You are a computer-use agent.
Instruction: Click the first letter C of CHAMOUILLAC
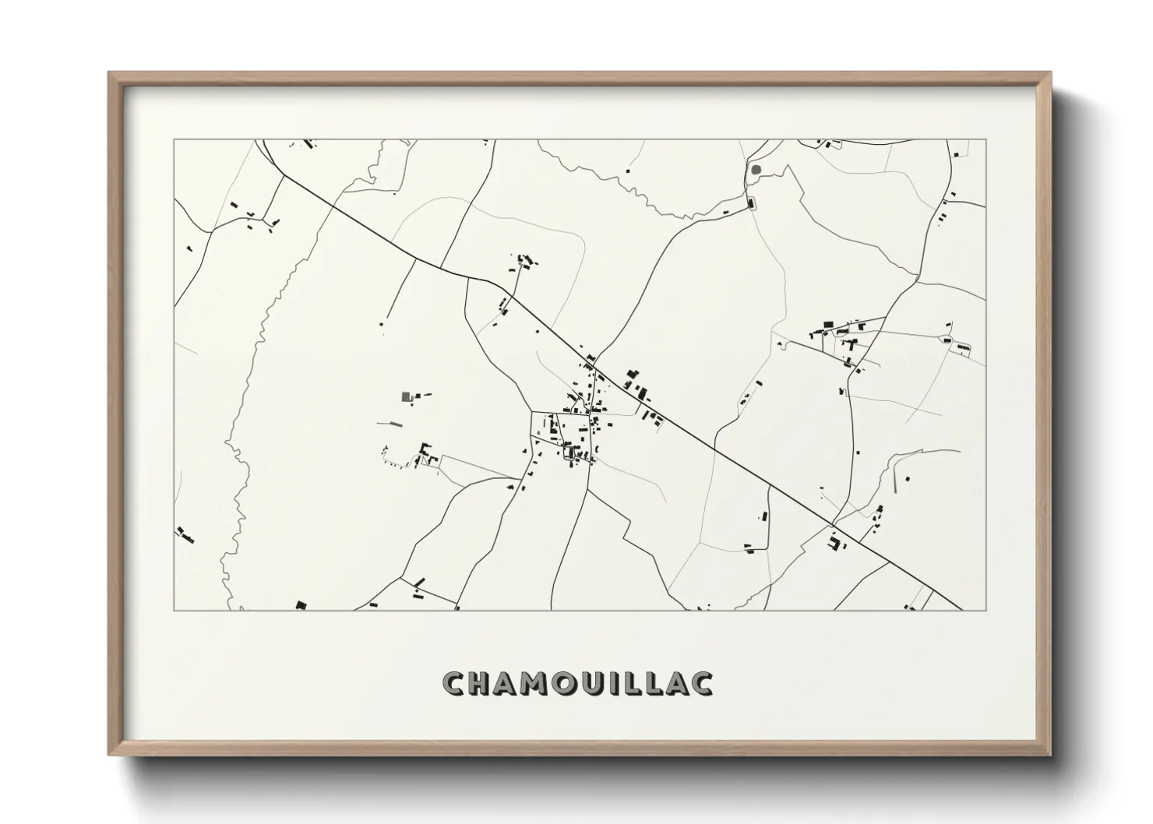(453, 684)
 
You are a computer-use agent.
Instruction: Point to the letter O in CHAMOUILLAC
(563, 684)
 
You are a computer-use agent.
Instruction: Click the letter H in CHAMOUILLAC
(479, 684)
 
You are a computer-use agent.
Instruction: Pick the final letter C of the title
(701, 684)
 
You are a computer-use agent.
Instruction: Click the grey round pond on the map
(754, 168)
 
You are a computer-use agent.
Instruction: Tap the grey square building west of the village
(406, 396)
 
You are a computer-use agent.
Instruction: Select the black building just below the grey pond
(752, 204)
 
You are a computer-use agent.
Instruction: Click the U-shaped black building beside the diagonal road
(835, 542)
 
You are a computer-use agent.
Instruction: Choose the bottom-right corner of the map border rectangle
(986, 610)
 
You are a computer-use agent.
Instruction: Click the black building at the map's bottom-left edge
(301, 604)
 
